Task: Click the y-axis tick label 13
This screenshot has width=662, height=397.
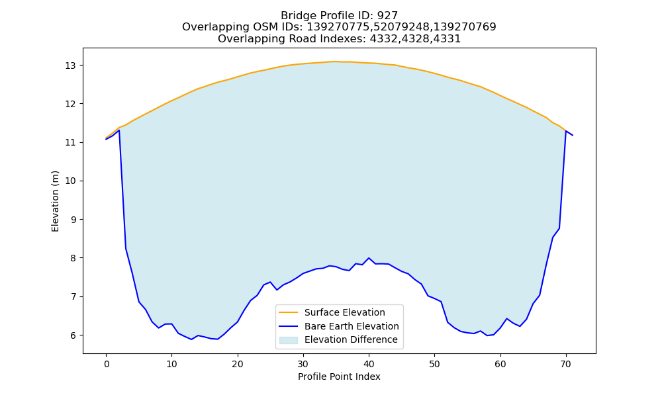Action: (x=70, y=66)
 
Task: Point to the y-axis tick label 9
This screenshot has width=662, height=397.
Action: (x=73, y=220)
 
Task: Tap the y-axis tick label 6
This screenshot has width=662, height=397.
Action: (x=73, y=335)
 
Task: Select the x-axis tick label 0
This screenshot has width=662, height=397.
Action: (x=107, y=364)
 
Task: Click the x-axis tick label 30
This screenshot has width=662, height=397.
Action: (x=303, y=364)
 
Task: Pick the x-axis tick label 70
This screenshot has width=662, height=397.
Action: (x=566, y=364)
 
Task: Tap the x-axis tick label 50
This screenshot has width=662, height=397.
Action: (x=435, y=364)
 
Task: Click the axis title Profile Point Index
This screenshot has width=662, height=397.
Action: (x=339, y=376)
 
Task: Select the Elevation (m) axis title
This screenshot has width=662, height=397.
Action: (x=55, y=201)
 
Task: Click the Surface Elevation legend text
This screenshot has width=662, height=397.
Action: (x=344, y=312)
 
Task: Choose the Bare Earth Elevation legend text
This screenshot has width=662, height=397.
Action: (x=352, y=326)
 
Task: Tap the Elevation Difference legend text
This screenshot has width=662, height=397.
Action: (x=351, y=339)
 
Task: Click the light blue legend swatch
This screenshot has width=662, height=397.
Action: (x=289, y=340)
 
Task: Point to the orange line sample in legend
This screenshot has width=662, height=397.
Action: (x=289, y=312)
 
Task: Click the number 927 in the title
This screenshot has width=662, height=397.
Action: (x=387, y=16)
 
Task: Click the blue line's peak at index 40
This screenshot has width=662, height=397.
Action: (x=369, y=258)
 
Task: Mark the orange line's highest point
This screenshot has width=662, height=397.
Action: (x=334, y=62)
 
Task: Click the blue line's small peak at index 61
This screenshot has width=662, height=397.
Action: (x=506, y=318)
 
